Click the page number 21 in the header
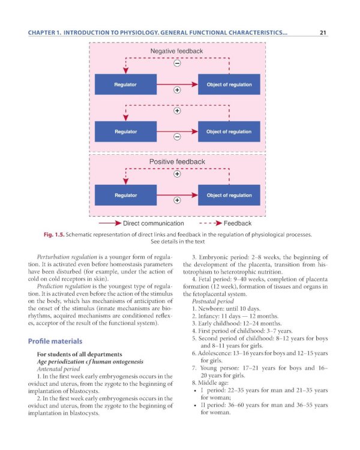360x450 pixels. point(322,33)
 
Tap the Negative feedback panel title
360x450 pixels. point(176,52)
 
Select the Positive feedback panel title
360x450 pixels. point(177,161)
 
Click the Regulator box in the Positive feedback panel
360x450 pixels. point(125,195)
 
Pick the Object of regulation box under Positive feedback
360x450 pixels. point(229,195)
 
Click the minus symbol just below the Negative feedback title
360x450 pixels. point(177,63)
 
